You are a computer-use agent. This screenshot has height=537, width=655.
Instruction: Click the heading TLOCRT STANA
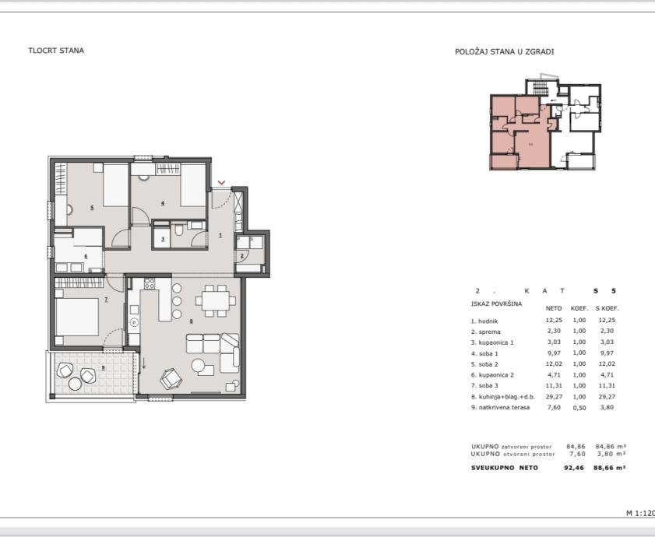[x=56, y=51]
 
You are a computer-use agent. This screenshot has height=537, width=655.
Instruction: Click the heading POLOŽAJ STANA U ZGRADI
[x=504, y=52]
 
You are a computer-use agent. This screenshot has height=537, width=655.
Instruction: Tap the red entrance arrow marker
[x=221, y=182]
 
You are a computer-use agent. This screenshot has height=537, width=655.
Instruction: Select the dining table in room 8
[x=216, y=300]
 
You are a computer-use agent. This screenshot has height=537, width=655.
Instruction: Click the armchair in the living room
[x=171, y=378]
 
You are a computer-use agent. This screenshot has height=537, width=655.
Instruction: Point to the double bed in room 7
[x=77, y=317]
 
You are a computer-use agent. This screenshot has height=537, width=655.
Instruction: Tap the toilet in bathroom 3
[x=179, y=230]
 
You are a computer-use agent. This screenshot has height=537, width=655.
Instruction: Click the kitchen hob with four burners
[x=149, y=283]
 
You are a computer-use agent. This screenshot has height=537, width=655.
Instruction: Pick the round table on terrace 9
[x=76, y=384]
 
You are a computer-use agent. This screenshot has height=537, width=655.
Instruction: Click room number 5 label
[x=91, y=208]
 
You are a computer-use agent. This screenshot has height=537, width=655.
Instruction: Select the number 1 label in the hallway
[x=220, y=235]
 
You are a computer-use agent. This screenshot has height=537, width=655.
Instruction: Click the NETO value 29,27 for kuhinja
[x=554, y=397]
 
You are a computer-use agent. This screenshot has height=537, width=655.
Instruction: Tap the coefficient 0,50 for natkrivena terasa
[x=579, y=408]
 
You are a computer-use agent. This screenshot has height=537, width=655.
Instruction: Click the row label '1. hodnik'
[x=484, y=321]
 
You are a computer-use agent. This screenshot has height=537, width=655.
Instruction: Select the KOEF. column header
[x=579, y=309]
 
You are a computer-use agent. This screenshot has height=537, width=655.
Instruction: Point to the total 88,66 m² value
[x=610, y=468]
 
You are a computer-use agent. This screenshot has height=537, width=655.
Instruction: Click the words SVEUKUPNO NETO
[x=505, y=468]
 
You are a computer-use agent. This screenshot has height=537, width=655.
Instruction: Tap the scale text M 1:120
[x=640, y=513]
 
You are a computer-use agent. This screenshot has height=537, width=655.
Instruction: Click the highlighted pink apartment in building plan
[x=531, y=144]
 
